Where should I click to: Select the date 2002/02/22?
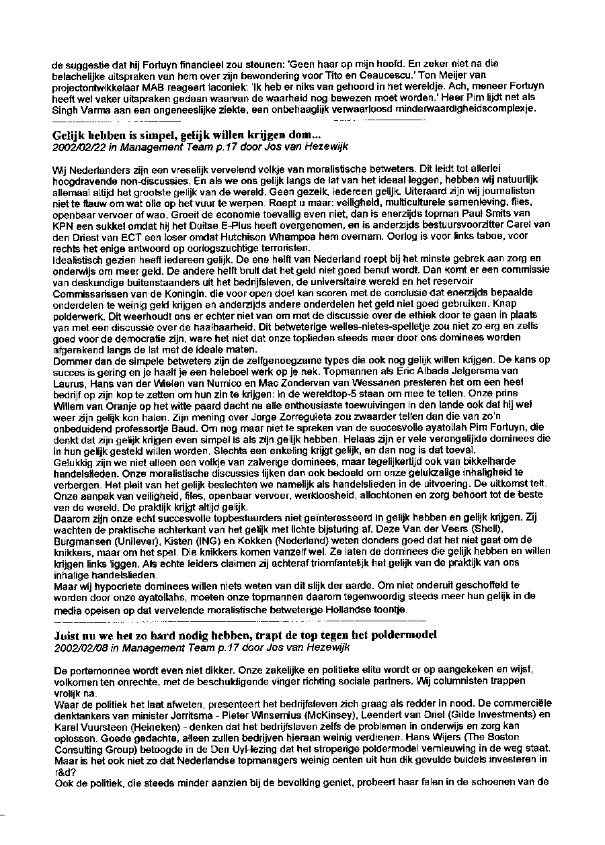[77, 146]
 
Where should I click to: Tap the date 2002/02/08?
[77, 648]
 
